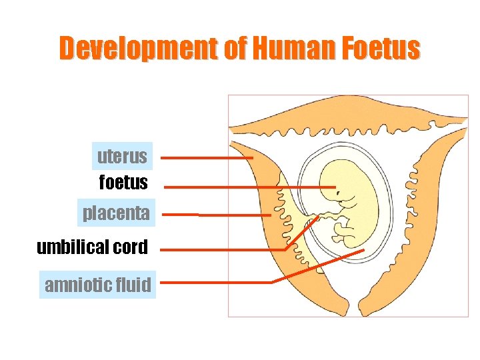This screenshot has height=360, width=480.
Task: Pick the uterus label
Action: [x=123, y=157]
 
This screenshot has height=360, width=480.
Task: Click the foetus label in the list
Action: [x=123, y=181]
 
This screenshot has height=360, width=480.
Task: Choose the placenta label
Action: [x=116, y=214]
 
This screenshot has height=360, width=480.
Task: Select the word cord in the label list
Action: [x=131, y=247]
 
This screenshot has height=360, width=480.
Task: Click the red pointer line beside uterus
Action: [x=207, y=159]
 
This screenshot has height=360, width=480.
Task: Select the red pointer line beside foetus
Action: [x=247, y=187]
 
